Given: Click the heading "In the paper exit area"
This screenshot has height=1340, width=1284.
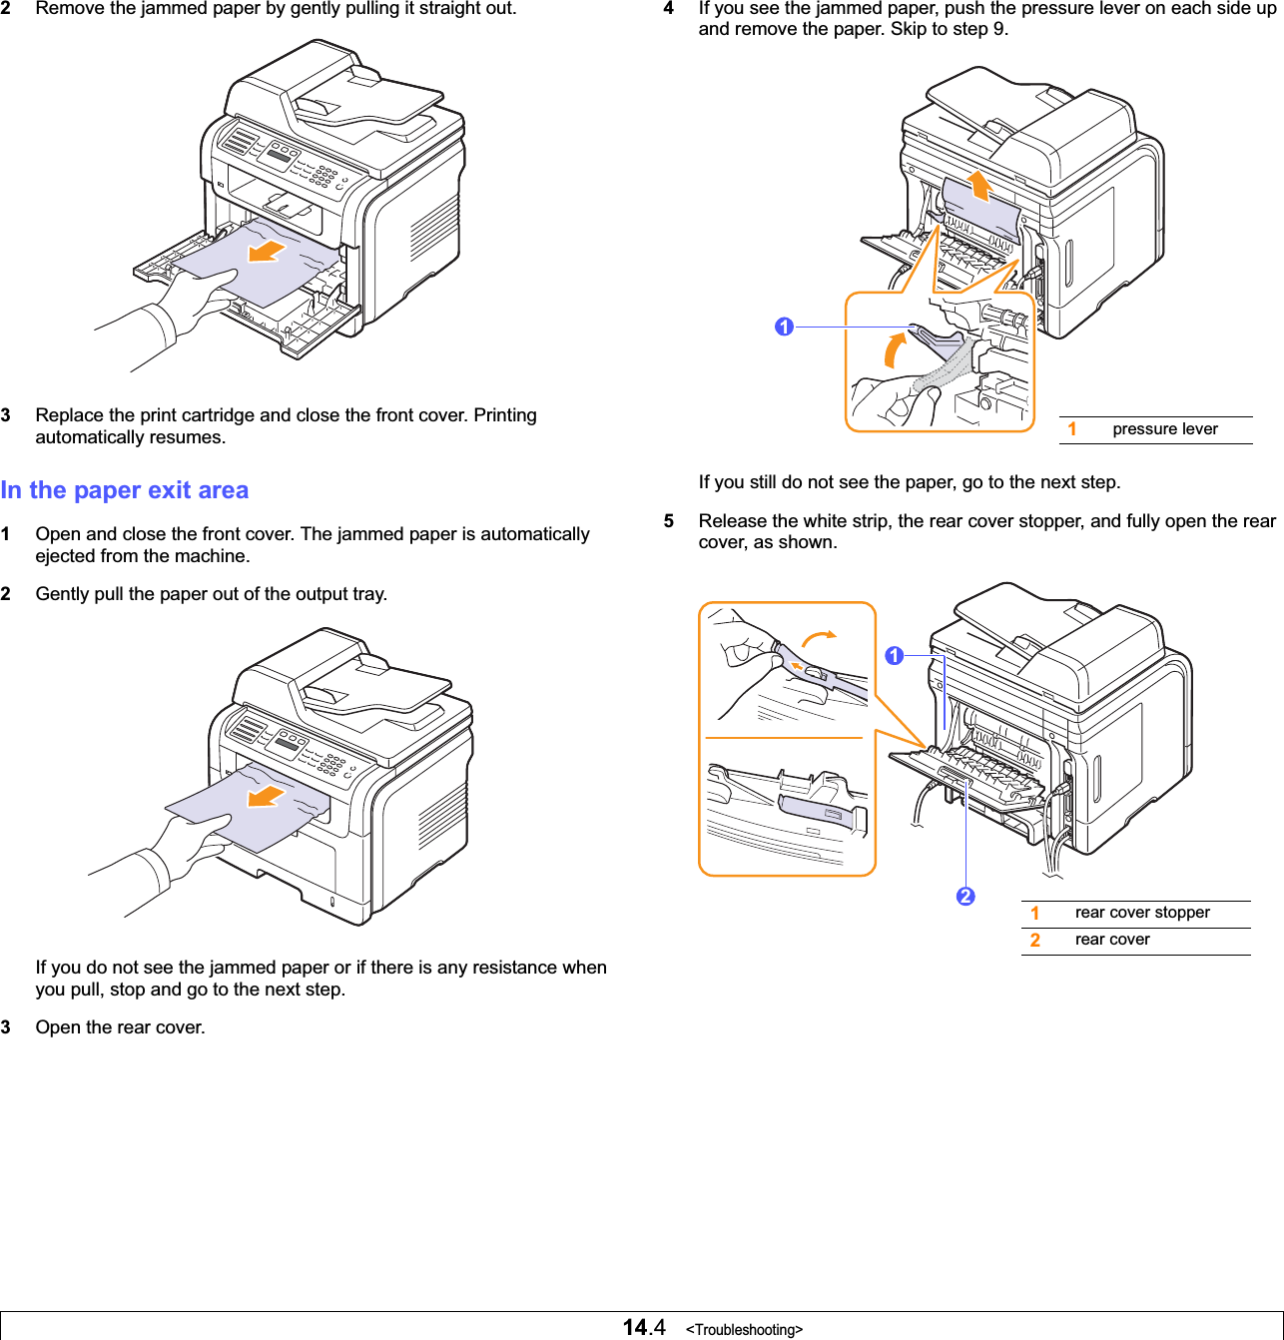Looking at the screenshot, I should click(x=125, y=490).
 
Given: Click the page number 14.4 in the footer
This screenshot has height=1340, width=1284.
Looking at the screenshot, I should click(x=644, y=1327).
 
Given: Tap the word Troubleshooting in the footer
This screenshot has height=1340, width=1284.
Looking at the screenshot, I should click(x=744, y=1329).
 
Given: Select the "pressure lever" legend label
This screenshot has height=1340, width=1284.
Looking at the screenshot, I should click(x=1164, y=429).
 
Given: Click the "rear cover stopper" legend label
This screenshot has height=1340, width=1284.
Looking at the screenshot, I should click(x=1141, y=913).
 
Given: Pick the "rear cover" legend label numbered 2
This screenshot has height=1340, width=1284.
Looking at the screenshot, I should click(x=1111, y=940).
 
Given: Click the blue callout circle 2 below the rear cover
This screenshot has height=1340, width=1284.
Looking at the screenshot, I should click(x=964, y=896).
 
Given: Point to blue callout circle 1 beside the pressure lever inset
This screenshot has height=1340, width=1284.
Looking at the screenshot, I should click(x=784, y=327).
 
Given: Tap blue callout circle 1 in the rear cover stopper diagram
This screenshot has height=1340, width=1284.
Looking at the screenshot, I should click(x=894, y=656).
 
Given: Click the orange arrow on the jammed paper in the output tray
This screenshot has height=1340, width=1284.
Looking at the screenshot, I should click(x=267, y=796).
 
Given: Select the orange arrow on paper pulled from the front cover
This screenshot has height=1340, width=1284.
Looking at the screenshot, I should click(x=266, y=250).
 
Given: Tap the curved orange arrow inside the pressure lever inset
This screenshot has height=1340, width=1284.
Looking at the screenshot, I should click(x=896, y=351).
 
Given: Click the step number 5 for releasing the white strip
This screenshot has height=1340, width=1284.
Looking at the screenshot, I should click(x=669, y=521).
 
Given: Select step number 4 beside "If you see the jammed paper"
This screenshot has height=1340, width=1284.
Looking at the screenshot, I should click(x=669, y=8).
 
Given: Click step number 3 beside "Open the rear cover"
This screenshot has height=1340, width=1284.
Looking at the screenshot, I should click(x=6, y=1027).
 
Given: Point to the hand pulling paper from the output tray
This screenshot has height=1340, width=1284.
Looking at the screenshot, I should click(x=190, y=844).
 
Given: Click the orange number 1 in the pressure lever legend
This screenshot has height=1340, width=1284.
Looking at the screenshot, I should click(x=1072, y=429).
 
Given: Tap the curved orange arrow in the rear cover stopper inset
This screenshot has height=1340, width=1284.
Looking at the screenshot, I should click(x=820, y=636).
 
